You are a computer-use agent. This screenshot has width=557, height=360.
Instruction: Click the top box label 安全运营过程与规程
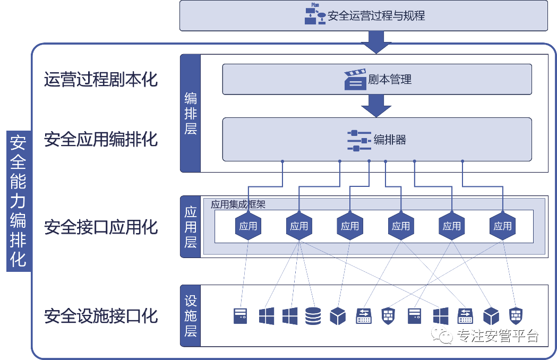[x=376, y=16]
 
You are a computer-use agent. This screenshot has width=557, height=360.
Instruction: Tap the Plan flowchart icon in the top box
[x=315, y=14]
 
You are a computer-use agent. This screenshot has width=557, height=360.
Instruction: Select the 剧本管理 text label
[x=390, y=79]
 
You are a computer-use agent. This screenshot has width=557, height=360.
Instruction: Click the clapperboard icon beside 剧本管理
[x=355, y=80]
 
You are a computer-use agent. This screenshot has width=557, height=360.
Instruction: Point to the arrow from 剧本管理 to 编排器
[x=376, y=106]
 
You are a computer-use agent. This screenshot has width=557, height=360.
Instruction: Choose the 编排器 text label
[x=390, y=140]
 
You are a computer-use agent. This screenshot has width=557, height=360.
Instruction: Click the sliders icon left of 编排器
[x=359, y=141]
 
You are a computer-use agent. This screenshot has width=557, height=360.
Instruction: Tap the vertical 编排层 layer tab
[x=191, y=114]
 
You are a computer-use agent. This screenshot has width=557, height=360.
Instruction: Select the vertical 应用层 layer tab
[x=191, y=227]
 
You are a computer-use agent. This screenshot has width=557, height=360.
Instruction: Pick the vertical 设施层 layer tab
[x=191, y=315]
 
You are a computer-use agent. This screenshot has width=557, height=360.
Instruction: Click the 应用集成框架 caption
[x=238, y=204]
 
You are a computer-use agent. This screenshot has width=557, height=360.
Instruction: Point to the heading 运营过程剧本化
[x=100, y=79]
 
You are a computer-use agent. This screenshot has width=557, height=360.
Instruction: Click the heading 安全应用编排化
[x=100, y=139]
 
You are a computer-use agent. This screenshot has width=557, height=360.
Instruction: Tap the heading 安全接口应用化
[x=100, y=227]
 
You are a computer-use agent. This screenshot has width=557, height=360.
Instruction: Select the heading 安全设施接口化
[x=100, y=316]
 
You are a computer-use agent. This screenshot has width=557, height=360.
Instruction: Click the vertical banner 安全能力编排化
[x=18, y=201]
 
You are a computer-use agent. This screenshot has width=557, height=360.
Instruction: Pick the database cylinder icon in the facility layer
[x=313, y=316]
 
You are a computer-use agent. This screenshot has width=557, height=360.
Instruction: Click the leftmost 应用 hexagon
[x=248, y=226]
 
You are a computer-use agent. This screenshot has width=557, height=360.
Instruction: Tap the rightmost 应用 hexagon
[x=502, y=226]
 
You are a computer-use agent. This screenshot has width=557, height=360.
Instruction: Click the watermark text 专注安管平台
[x=498, y=336]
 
